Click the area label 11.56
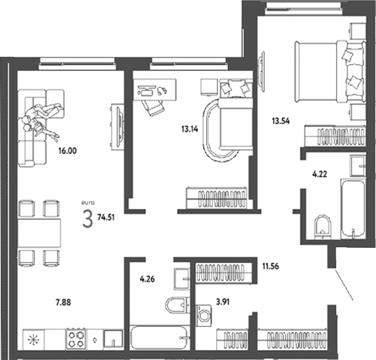(x=270, y=268)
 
